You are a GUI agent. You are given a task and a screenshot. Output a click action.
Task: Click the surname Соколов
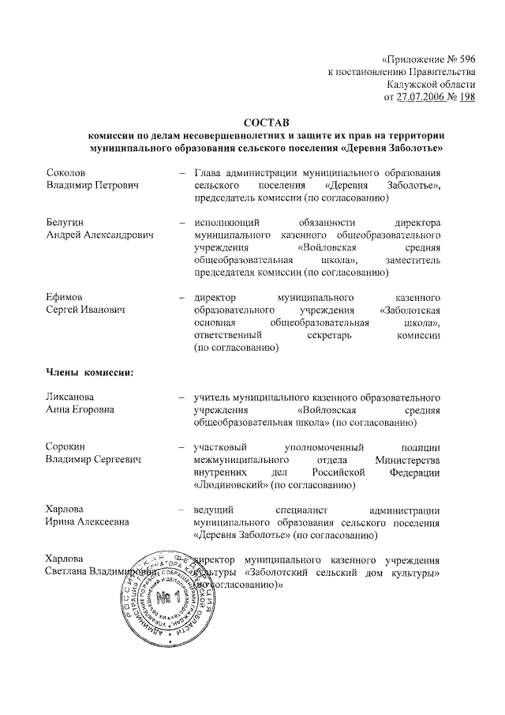(x=65, y=172)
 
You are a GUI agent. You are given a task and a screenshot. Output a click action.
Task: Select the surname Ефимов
(x=63, y=298)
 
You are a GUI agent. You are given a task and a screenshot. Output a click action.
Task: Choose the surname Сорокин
(x=65, y=446)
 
